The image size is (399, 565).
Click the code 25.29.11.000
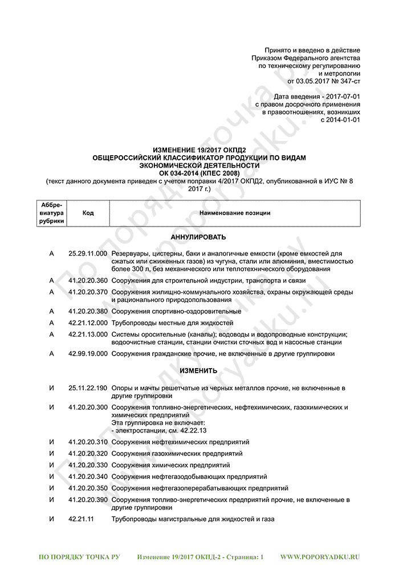[x=87, y=252]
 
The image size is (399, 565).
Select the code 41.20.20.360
[x=87, y=280]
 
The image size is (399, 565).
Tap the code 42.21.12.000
[x=87, y=322]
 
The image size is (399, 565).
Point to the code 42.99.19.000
[x=87, y=353]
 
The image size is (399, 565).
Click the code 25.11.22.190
[x=87, y=388]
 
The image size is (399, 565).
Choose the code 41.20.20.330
[x=87, y=465]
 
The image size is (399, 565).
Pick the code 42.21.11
[x=80, y=519]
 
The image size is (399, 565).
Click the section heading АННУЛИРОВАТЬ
[x=198, y=236]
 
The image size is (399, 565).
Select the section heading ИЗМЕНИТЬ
[x=198, y=371]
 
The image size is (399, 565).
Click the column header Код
[x=88, y=213]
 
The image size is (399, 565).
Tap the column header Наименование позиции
[x=234, y=213]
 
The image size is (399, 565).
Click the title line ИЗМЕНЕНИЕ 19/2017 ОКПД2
[x=199, y=150]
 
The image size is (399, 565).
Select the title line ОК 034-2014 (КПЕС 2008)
[x=199, y=173]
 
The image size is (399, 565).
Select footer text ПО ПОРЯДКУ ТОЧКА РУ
[x=79, y=556]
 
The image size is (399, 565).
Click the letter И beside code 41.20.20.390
[x=51, y=500]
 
